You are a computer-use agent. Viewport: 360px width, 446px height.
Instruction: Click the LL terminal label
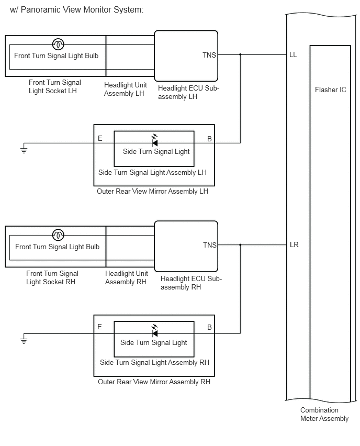[x=293, y=54]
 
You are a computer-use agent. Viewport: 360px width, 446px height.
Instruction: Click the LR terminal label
[x=294, y=244]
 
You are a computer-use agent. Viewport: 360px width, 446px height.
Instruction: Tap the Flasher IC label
[x=330, y=90]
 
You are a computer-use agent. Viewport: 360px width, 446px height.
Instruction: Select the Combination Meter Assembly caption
[x=324, y=414]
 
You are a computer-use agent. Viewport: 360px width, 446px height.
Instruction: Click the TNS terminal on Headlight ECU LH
[x=209, y=55]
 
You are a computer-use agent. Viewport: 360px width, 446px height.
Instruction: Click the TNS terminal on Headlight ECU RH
[x=210, y=245]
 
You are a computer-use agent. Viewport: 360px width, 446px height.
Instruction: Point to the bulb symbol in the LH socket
[x=58, y=44]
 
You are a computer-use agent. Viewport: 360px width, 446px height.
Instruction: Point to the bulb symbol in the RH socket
[x=58, y=235]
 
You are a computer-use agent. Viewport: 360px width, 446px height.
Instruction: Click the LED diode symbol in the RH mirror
[x=155, y=331]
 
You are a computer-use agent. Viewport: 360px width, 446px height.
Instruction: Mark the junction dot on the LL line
[x=240, y=54]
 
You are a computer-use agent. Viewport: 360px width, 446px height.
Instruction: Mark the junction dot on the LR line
[x=240, y=244]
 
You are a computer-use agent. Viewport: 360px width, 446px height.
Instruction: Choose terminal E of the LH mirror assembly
[x=100, y=139]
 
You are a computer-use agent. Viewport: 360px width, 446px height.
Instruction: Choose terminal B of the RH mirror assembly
[x=209, y=327]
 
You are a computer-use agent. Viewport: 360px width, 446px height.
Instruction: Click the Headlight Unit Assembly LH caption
[x=125, y=90]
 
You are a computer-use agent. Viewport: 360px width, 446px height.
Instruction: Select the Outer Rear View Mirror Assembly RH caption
[x=154, y=382]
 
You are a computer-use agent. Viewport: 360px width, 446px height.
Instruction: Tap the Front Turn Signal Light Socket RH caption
[x=52, y=277]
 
